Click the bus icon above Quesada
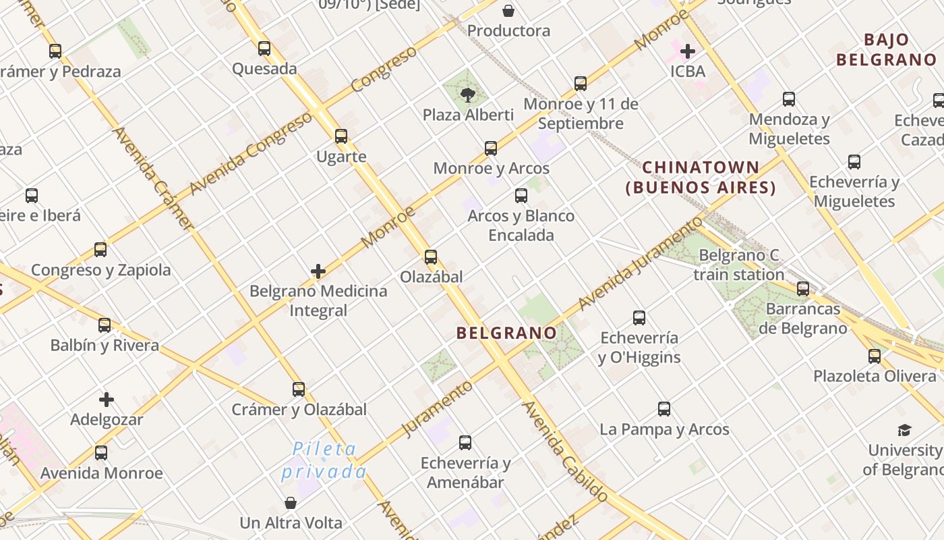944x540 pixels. coord(264,49)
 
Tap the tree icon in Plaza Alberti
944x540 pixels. coord(468,94)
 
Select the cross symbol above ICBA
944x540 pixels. coord(688,51)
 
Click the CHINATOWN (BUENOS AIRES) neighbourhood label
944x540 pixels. coord(701,178)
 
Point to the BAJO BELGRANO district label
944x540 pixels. coord(887,49)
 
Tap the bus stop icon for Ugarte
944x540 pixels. coord(341,136)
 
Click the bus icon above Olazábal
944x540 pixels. coord(431,257)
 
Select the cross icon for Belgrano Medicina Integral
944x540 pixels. coord(318,271)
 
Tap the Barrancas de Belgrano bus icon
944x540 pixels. coord(803,289)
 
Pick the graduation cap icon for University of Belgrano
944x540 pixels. coord(904,430)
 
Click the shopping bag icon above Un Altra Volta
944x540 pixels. coord(291,503)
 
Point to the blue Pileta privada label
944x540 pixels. coord(324,460)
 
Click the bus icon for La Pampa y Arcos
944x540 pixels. coord(664,409)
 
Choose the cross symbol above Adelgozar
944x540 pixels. coord(107,400)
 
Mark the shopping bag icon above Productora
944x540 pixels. coord(508,11)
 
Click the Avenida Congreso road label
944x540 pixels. coord(251,153)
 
